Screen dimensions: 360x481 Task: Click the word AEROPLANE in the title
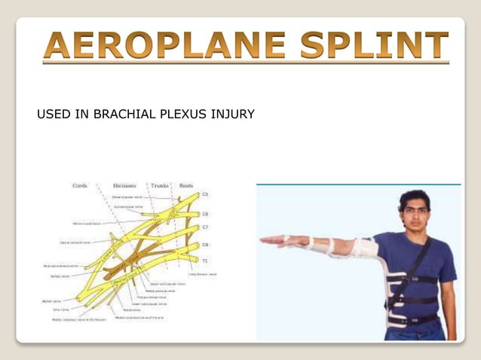pyautogui.click(x=163, y=47)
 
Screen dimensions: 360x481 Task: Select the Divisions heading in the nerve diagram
pyautogui.click(x=124, y=185)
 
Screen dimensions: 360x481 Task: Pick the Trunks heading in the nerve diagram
pyautogui.click(x=160, y=185)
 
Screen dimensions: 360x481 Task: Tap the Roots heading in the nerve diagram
pyautogui.click(x=187, y=185)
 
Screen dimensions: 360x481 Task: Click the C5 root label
pyautogui.click(x=204, y=194)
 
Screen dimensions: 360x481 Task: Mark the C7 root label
pyautogui.click(x=204, y=227)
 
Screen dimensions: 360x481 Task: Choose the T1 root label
pyautogui.click(x=204, y=261)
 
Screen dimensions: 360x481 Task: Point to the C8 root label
pyautogui.click(x=204, y=245)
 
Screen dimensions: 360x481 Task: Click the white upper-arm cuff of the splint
pyautogui.click(x=364, y=247)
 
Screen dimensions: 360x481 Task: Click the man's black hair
pyautogui.click(x=415, y=198)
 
